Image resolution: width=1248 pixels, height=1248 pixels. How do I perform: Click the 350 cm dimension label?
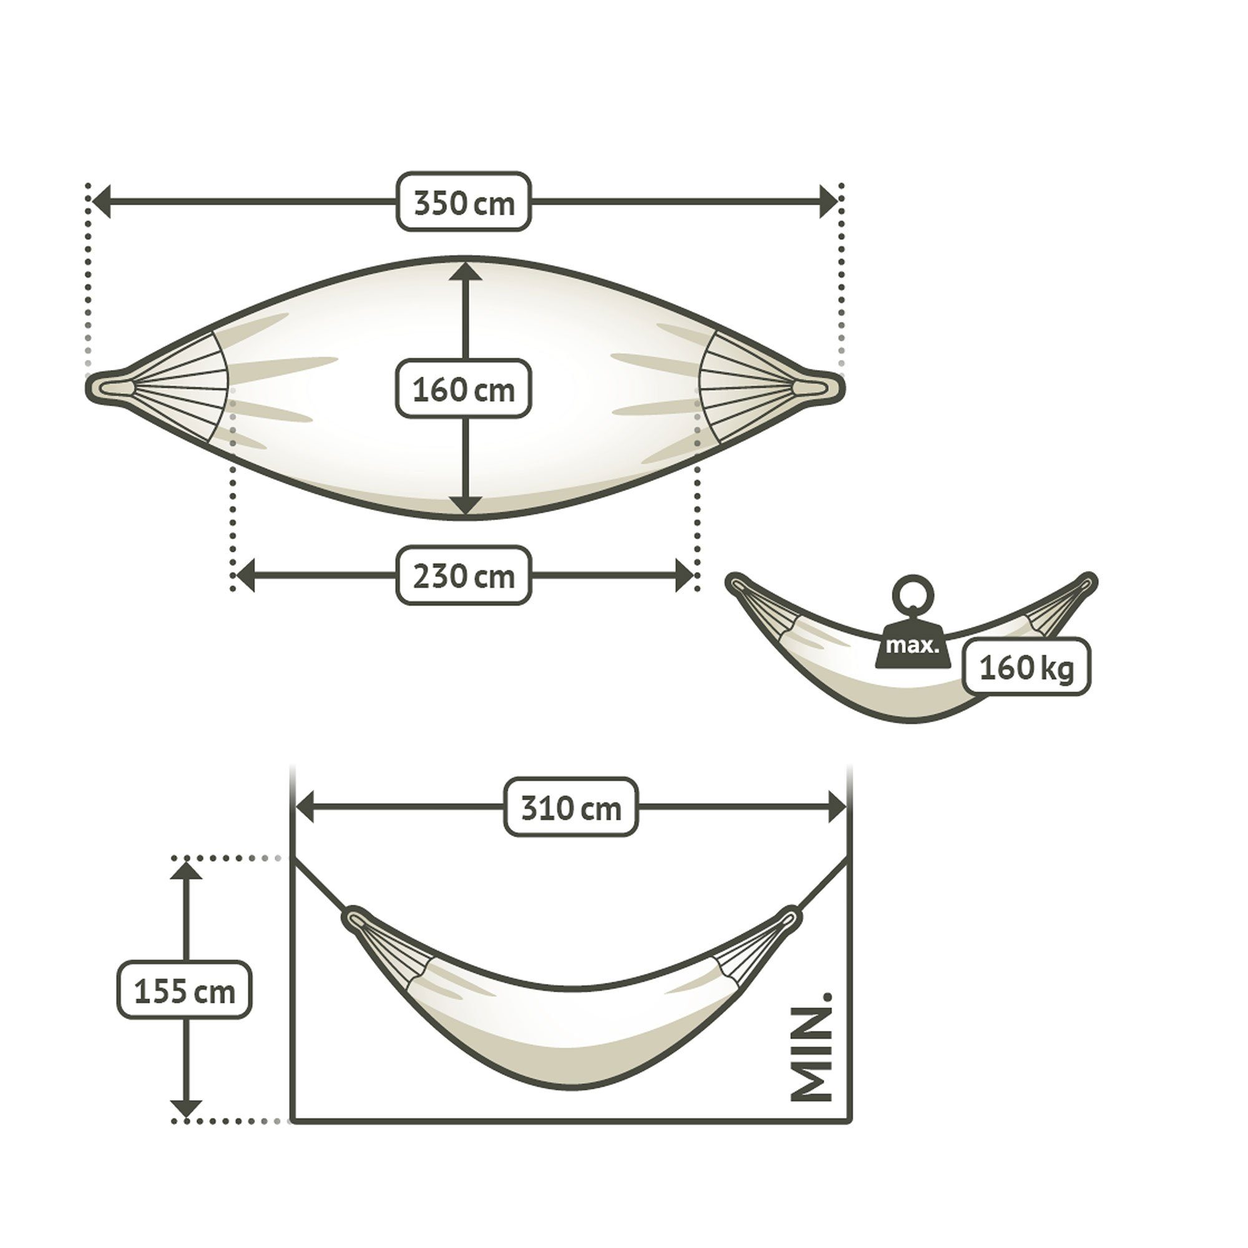(464, 201)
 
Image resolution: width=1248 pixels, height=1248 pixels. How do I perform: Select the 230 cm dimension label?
(464, 575)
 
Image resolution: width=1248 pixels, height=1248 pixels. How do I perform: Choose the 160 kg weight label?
(1026, 666)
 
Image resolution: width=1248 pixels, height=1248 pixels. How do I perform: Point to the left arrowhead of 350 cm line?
(100, 201)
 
